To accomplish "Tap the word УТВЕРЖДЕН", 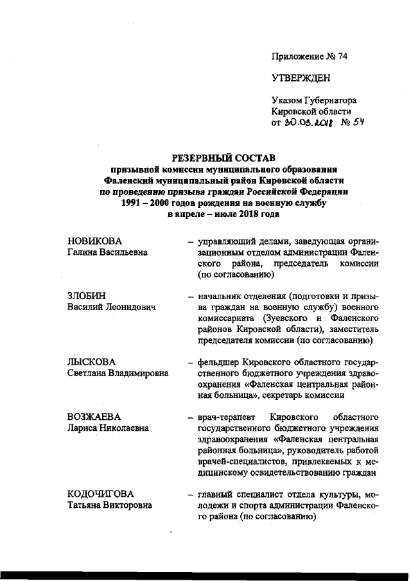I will (301, 78).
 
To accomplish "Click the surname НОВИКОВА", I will (94, 241).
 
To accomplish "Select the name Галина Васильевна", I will (108, 252).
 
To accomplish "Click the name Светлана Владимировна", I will (118, 374).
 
